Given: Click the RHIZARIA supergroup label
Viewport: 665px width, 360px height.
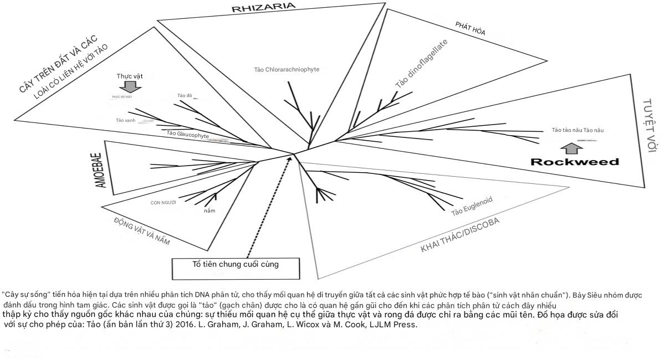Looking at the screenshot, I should click(x=264, y=6).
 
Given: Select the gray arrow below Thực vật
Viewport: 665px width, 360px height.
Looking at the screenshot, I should click(x=130, y=86).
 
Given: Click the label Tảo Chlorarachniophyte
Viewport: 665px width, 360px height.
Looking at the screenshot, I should click(x=287, y=69).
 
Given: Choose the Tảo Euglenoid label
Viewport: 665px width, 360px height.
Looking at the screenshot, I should click(x=472, y=205).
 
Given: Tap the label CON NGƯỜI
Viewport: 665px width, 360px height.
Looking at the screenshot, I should click(x=163, y=203).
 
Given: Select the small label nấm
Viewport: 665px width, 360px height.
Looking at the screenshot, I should click(x=209, y=211).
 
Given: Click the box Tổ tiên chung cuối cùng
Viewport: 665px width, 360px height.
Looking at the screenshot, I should click(x=236, y=265).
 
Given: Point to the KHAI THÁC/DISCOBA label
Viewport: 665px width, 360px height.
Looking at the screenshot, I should click(x=460, y=235).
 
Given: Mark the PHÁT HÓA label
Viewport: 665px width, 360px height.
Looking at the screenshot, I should click(x=470, y=28).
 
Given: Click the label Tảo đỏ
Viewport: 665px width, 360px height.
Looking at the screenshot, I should click(x=185, y=96).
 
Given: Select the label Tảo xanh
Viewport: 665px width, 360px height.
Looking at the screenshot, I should click(x=126, y=120).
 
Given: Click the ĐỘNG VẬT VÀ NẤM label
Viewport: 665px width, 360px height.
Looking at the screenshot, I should click(x=141, y=231).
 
